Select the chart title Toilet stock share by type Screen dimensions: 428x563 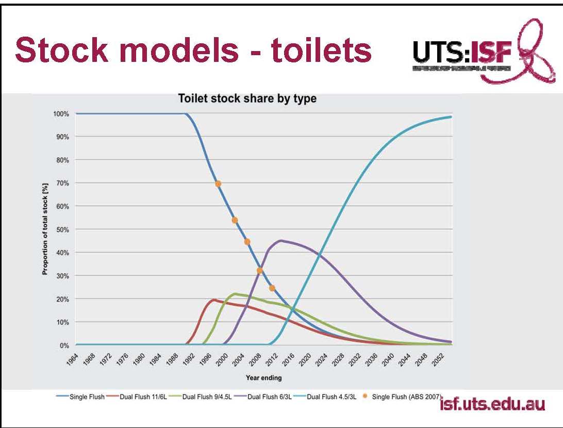coord(247,98)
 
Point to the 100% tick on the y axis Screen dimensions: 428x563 coord(61,113)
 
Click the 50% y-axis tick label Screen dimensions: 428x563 coord(62,229)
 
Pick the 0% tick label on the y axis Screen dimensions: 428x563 coord(64,345)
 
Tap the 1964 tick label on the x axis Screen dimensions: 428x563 coord(73,359)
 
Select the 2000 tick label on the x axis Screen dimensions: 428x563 coord(222,359)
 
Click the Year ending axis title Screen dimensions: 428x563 coord(263,378)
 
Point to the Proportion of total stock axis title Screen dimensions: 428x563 coord(45,229)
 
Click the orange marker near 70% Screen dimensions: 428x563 coord(218,184)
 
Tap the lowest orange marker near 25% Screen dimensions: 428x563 coord(272,288)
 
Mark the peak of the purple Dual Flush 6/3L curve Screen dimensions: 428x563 coord(281,240)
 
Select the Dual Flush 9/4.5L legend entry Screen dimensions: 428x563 coord(204,397)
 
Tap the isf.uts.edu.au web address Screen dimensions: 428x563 coord(492,404)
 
